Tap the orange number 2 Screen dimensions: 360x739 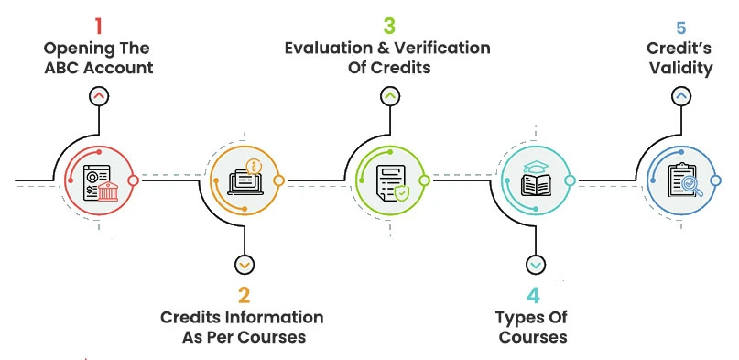click(244, 296)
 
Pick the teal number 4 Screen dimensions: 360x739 click(534, 296)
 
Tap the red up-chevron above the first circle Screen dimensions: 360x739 click(98, 95)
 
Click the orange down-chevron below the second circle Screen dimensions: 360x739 click(244, 265)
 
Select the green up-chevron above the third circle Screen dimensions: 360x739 click(390, 95)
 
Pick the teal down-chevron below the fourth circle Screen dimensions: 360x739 click(535, 265)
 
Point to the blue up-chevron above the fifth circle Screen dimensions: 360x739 click(679, 94)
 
